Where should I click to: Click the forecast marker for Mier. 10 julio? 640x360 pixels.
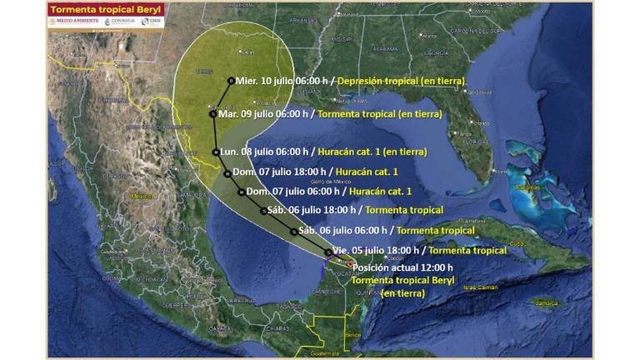[230, 80]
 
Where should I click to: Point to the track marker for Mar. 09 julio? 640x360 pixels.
[213, 113]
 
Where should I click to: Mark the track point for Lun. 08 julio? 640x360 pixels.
[215, 152]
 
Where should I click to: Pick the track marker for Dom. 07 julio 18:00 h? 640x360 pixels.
[227, 172]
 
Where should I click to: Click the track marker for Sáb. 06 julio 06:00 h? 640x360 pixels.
[293, 231]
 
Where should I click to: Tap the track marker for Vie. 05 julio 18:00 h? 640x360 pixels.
[327, 250]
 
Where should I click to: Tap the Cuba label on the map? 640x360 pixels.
[517, 243]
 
